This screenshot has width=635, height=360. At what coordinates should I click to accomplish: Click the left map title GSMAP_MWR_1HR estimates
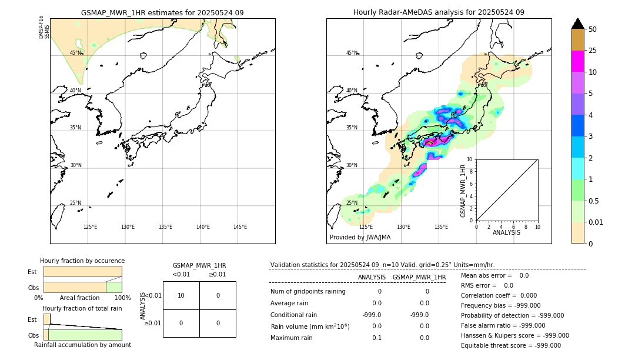162,12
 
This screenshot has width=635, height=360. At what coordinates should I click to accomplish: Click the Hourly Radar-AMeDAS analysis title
439,12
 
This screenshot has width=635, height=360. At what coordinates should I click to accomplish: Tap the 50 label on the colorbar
593,29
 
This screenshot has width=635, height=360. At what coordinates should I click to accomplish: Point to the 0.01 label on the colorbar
596,222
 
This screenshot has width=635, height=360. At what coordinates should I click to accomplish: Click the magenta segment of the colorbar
577,61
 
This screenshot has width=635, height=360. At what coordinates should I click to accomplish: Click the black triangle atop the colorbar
577,24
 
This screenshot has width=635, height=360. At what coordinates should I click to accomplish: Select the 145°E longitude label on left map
240,227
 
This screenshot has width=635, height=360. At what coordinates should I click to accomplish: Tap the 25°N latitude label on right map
352,203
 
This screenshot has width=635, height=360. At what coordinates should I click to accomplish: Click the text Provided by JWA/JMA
360,237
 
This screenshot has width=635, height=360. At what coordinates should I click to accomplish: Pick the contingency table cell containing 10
181,295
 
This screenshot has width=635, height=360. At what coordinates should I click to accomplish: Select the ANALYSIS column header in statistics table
372,277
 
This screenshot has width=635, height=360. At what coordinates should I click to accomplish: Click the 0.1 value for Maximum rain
376,338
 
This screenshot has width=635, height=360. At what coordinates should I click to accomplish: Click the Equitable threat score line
511,345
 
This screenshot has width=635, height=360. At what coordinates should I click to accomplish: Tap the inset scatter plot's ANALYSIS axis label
507,232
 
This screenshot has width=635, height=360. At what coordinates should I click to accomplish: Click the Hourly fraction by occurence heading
82,261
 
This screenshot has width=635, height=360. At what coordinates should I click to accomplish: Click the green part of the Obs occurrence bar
113,287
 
